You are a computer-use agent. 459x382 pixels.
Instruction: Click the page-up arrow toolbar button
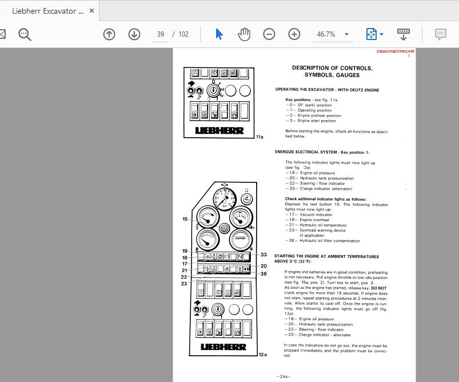[x=109, y=34]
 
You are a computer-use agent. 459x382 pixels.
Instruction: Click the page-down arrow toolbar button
[x=134, y=34]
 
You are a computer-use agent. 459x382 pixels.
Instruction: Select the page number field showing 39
[x=161, y=34]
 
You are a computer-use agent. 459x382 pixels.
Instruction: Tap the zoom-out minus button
[x=269, y=34]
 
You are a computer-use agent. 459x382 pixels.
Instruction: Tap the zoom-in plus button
[x=294, y=34]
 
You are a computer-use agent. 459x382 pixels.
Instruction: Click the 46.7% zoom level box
[x=326, y=34]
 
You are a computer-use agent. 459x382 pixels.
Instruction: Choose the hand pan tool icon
[x=244, y=34]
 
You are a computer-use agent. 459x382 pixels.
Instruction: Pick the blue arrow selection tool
[x=219, y=34]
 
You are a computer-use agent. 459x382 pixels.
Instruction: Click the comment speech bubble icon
[x=440, y=34]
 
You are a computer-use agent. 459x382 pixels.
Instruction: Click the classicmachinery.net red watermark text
[x=396, y=51]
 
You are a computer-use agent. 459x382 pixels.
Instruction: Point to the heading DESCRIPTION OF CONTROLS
[x=332, y=68]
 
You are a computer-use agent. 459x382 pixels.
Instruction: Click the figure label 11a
[x=260, y=137]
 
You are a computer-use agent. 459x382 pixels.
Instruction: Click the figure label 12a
[x=262, y=355]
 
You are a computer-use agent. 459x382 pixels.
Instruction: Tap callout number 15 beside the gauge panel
[x=185, y=219]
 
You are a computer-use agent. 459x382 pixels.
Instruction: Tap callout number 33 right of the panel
[x=264, y=254]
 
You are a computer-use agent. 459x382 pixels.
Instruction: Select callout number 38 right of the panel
[x=264, y=273]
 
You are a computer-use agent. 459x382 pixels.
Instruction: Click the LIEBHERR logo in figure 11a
[x=219, y=130]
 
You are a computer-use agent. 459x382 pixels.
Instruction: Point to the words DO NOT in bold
[x=379, y=288]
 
